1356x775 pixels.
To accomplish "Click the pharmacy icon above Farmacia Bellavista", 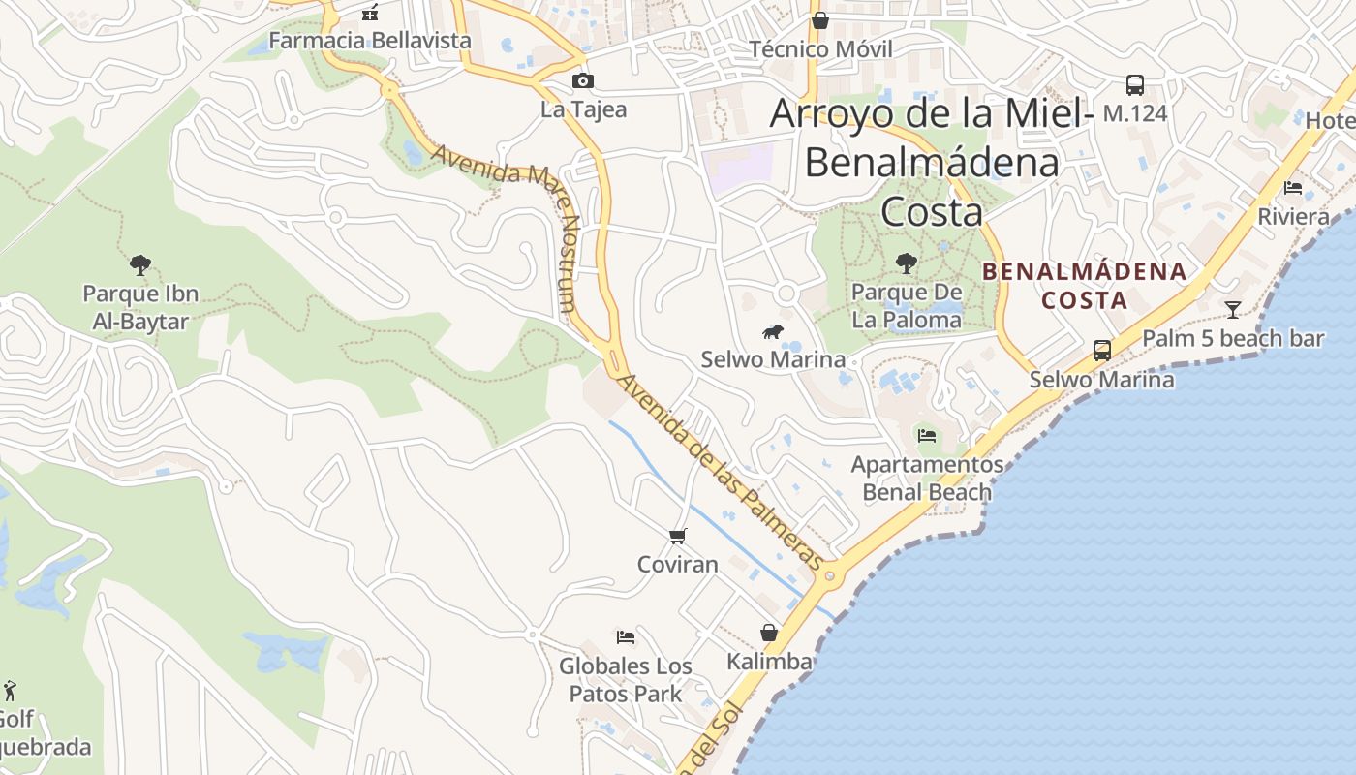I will (369, 13).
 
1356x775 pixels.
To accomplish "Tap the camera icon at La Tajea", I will (583, 81).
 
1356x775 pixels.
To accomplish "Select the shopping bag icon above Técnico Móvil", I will (820, 20).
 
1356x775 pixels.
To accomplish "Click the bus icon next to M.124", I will (1135, 85).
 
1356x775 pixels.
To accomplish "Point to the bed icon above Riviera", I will (1293, 188).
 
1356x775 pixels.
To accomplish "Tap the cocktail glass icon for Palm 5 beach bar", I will (1233, 310).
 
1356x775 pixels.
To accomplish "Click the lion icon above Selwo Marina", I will (773, 333).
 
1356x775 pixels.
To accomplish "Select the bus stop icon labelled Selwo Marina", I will (1102, 351).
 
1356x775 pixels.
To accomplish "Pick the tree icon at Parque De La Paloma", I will (907, 263).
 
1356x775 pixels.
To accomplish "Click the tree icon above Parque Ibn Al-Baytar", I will (140, 264).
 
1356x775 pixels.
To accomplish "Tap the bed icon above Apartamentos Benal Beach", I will (927, 436).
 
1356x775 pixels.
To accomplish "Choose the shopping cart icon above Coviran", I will (678, 536).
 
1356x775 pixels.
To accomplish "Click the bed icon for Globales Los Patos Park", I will (626, 637).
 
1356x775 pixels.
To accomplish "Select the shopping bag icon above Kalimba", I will (769, 634).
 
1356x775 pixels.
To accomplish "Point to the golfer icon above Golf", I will (10, 691).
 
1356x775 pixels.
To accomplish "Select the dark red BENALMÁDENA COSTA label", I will (1085, 286).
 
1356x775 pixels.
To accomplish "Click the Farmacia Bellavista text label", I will (370, 41).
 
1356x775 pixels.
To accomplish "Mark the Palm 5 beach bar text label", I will (1233, 339).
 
